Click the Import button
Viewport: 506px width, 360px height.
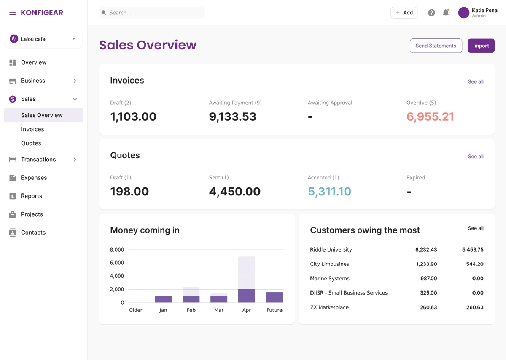pos(481,46)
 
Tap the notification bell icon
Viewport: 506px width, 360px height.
pos(446,13)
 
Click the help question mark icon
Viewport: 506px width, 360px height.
pos(431,13)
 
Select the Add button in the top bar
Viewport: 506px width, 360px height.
pos(404,13)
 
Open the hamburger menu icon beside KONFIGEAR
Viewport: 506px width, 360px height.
pos(13,13)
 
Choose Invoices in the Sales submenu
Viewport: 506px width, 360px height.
pos(32,129)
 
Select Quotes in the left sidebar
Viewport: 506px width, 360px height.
pos(31,143)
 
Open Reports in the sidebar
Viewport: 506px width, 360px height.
pos(32,196)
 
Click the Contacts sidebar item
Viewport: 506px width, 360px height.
pos(33,233)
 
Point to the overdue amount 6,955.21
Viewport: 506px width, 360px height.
pos(430,116)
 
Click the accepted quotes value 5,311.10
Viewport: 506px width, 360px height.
pos(329,192)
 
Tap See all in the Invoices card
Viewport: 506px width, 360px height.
pos(476,81)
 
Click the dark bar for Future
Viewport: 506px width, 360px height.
pos(275,298)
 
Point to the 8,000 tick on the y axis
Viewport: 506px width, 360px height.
pos(117,249)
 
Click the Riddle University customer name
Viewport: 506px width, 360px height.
pos(331,249)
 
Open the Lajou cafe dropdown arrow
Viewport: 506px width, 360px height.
pos(74,39)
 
